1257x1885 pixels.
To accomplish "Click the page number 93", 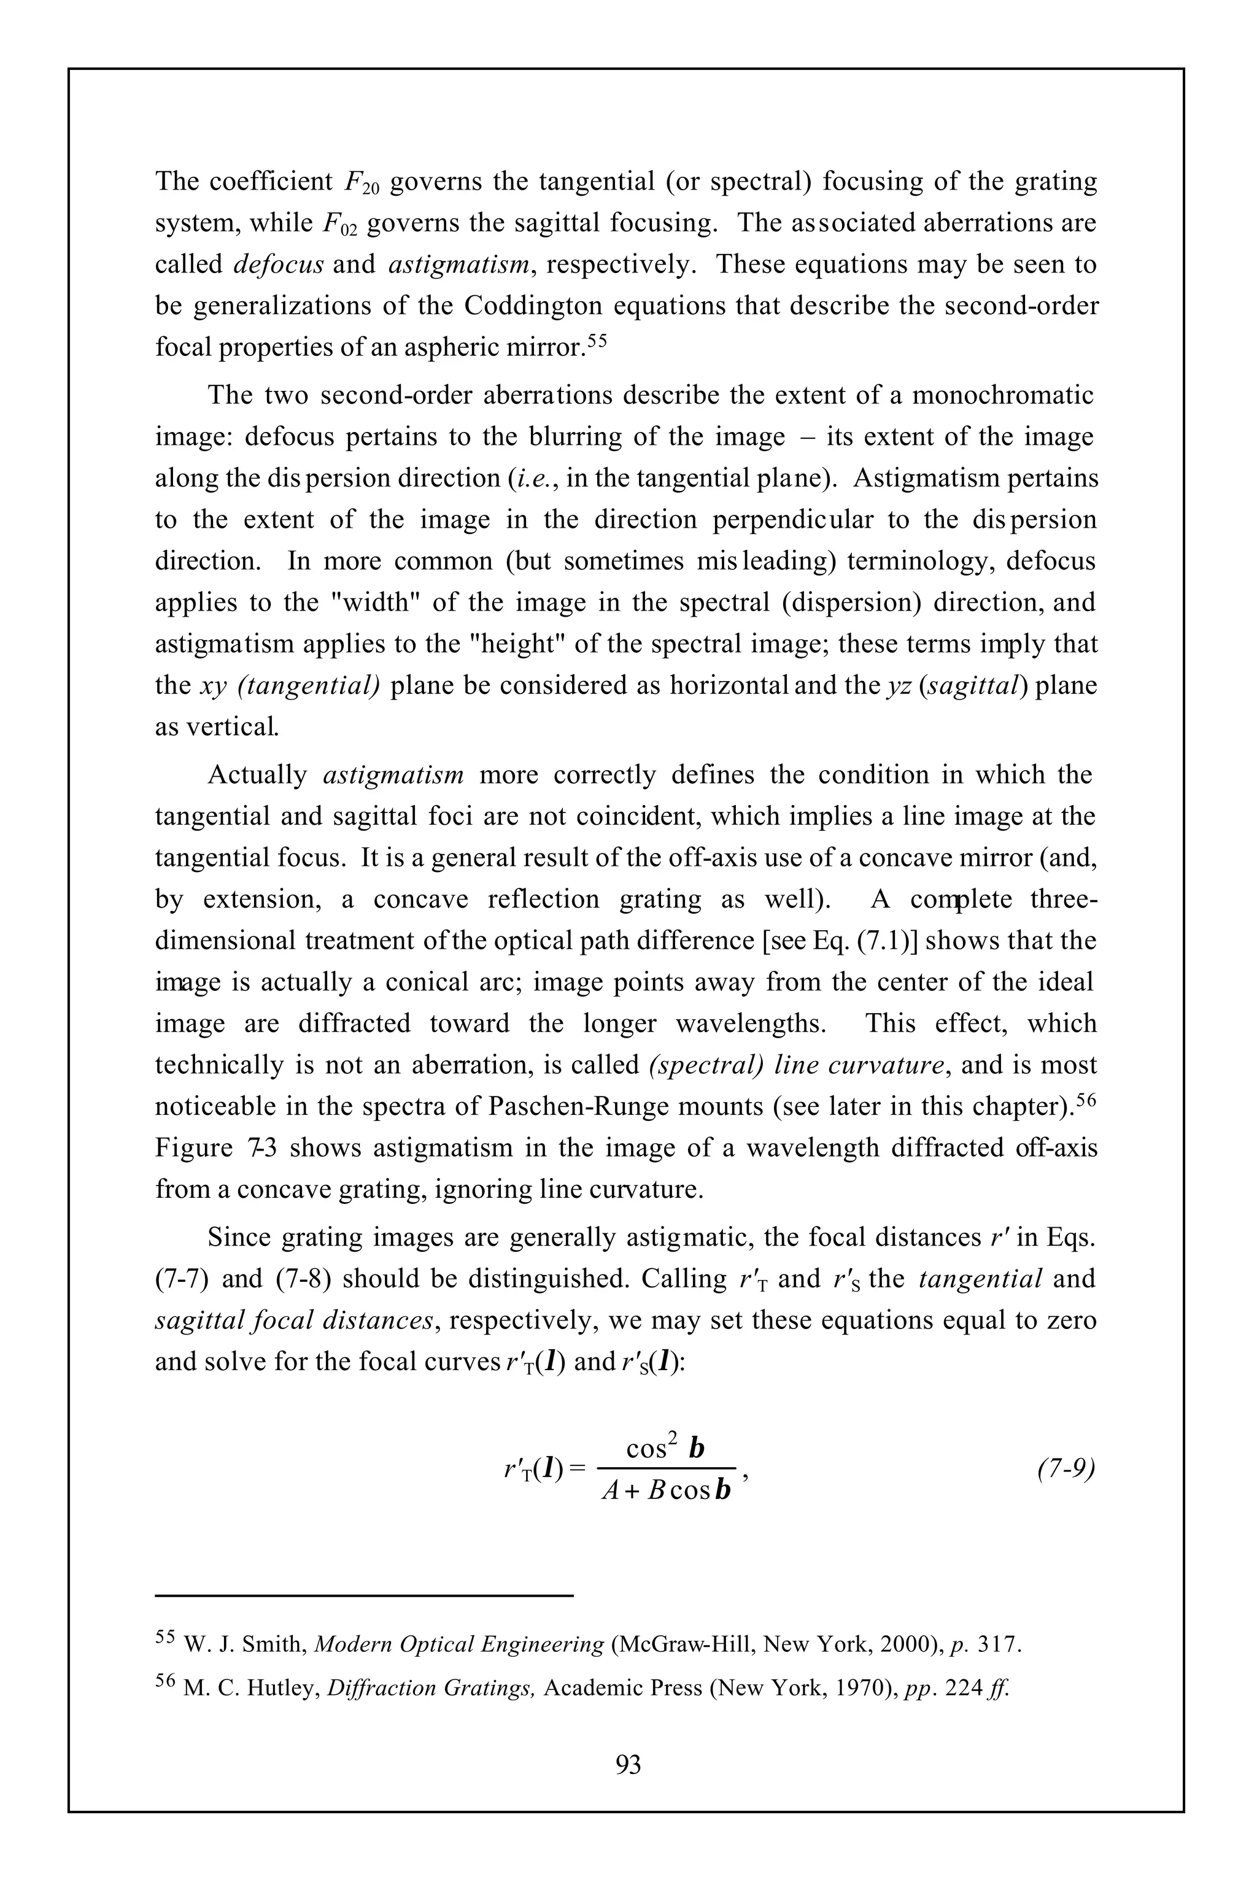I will [x=628, y=1764].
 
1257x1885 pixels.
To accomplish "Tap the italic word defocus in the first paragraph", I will [x=278, y=264].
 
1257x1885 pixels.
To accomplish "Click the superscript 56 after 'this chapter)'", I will [x=1086, y=1100].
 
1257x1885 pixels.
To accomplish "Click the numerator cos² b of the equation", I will [x=665, y=1448].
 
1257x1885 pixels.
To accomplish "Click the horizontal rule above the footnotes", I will [x=364, y=1595].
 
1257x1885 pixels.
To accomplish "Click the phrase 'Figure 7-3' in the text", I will [x=215, y=1149].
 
